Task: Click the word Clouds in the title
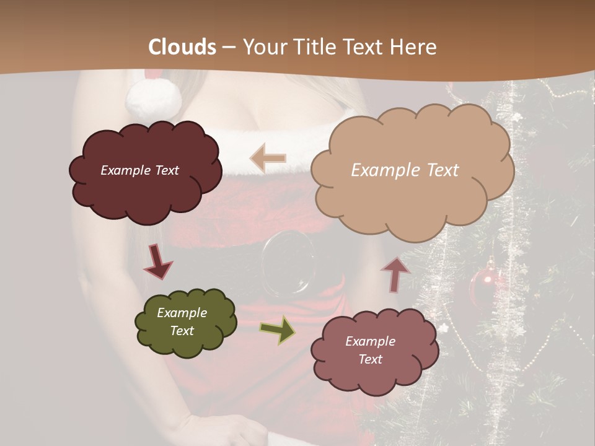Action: [x=182, y=47]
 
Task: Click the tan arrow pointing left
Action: [x=268, y=158]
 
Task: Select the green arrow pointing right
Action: [x=277, y=330]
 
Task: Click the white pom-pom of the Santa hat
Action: [x=153, y=98]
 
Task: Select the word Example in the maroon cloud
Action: [x=125, y=170]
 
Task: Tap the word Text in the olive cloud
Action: [x=182, y=331]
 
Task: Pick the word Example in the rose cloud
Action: [x=370, y=341]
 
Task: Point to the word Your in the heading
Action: [x=262, y=47]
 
